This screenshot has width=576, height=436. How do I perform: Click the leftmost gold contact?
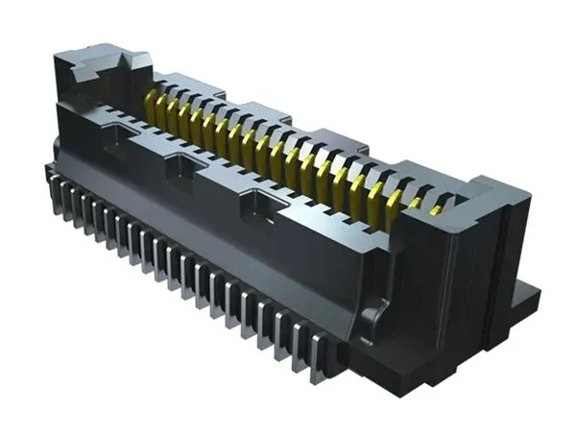pos(151,100)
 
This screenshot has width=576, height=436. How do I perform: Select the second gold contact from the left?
pos(163,105)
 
